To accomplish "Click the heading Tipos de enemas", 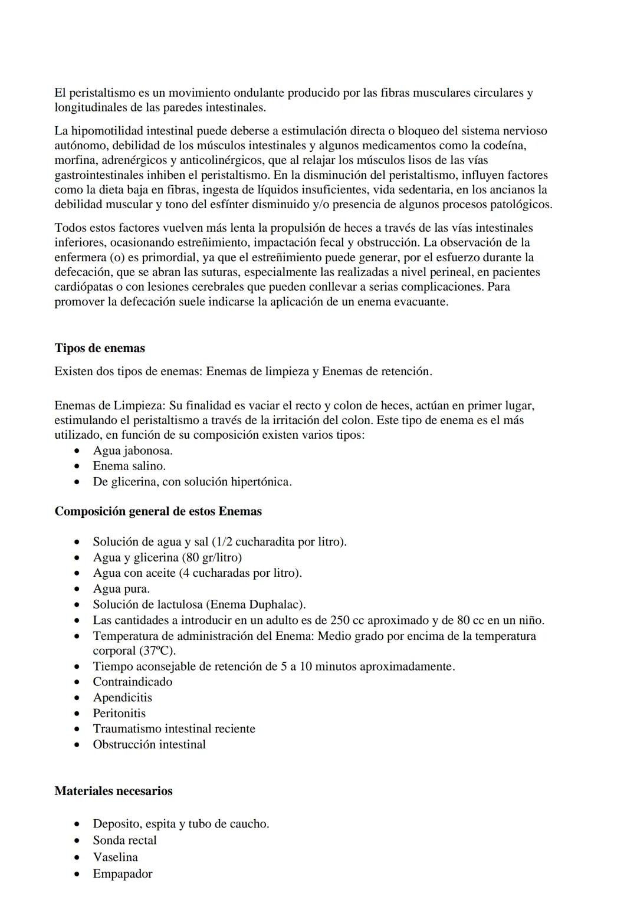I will click(x=100, y=348).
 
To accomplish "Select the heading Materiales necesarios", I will click(x=113, y=791).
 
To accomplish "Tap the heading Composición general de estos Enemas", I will click(x=158, y=511).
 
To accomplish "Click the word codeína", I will click(x=504, y=146).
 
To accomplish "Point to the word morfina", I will click(x=74, y=160).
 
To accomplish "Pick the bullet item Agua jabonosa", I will click(x=133, y=451).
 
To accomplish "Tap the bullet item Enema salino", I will click(x=129, y=466).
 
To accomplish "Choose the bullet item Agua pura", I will click(x=121, y=589).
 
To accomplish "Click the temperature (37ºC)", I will click(x=157, y=651).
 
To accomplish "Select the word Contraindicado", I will click(x=133, y=682).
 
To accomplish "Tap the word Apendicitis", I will click(x=122, y=698).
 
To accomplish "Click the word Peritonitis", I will click(x=119, y=713).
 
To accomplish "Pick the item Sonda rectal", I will click(x=124, y=840).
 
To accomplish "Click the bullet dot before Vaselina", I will click(x=77, y=858).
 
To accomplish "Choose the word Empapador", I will click(x=122, y=874).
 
